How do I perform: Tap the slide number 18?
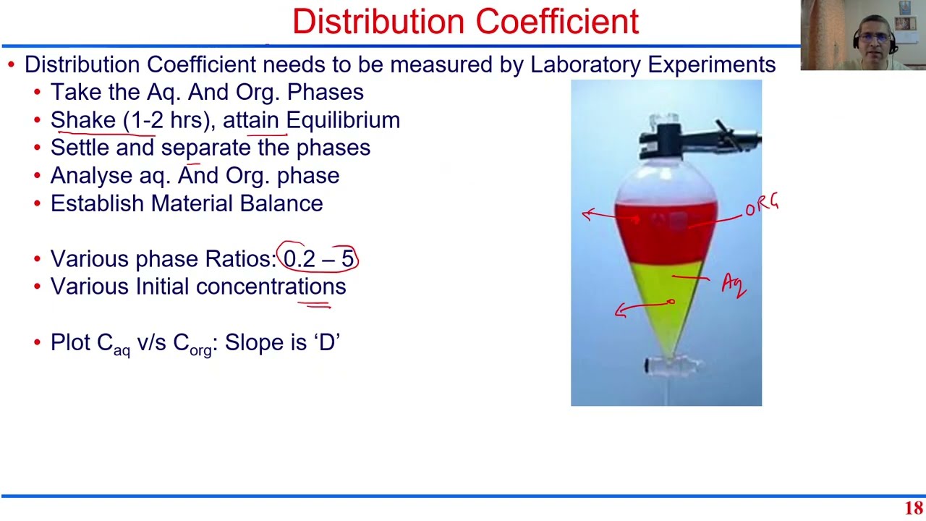click(x=914, y=508)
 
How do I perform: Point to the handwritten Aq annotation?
click(x=733, y=284)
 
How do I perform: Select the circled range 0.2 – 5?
click(x=318, y=259)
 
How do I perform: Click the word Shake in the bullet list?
click(x=82, y=120)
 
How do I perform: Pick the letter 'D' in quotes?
click(x=327, y=342)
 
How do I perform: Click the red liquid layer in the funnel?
click(x=666, y=232)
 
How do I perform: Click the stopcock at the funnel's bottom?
click(x=666, y=366)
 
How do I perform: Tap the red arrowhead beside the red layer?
click(x=587, y=214)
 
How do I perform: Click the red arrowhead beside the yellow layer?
click(x=619, y=310)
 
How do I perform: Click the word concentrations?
click(x=271, y=287)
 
